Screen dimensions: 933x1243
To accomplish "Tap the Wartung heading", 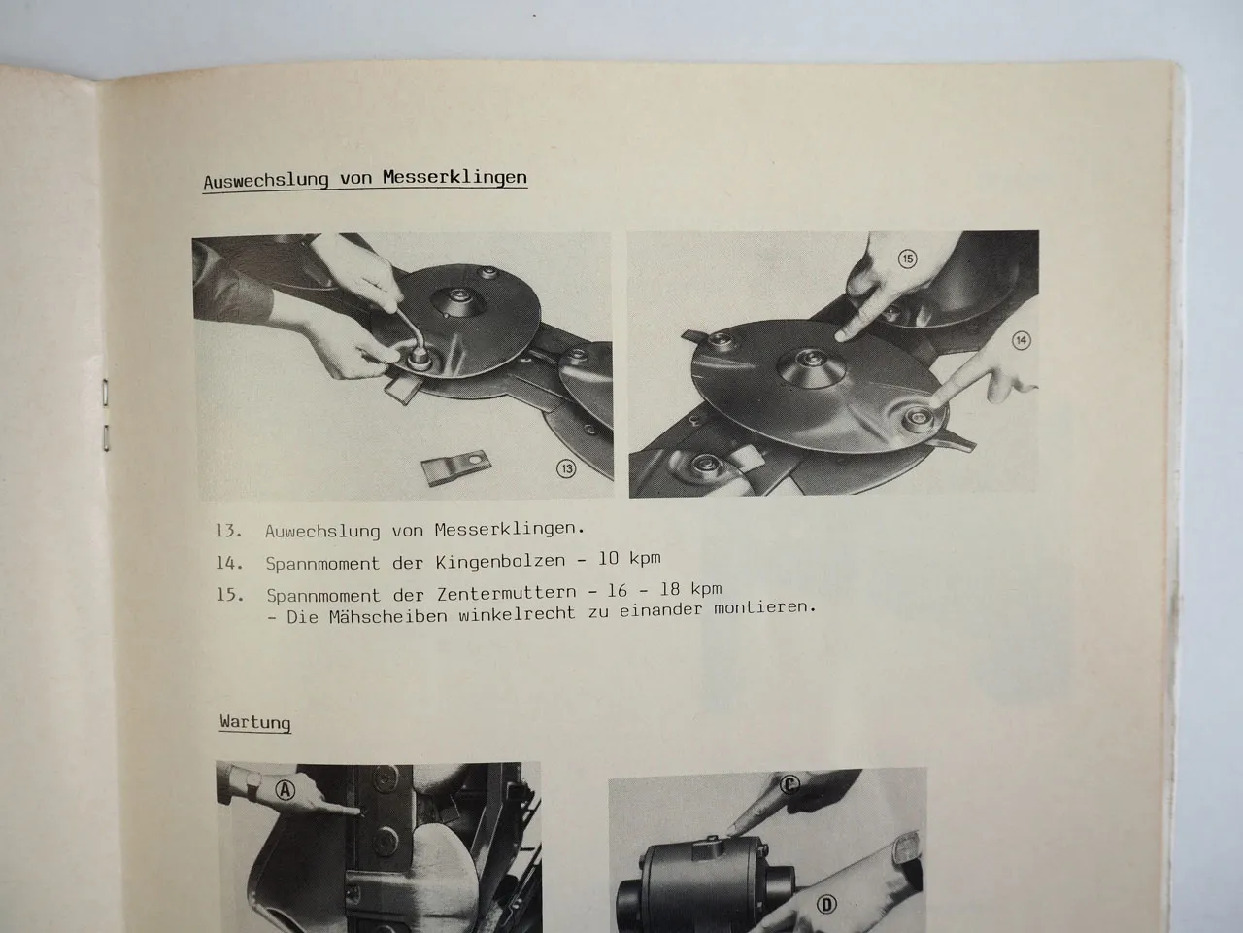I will (x=254, y=722).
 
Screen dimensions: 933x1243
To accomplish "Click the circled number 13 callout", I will (x=566, y=469).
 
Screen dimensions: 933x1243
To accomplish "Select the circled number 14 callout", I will (x=1021, y=340).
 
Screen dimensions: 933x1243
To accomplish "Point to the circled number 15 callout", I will (x=907, y=259).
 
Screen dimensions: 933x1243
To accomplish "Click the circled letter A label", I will (x=286, y=790).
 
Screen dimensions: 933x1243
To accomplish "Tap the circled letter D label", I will (x=826, y=906).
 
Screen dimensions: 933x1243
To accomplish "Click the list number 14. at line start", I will (x=230, y=562).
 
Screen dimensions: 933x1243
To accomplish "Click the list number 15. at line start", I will (x=230, y=594).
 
